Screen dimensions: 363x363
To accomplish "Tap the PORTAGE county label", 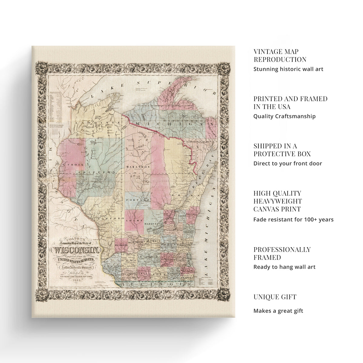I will coord(138,200).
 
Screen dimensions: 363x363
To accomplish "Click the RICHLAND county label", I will coord(121,245).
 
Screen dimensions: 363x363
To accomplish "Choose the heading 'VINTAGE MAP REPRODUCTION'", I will coord(280,56).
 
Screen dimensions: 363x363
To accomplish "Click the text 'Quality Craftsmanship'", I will coord(284,116).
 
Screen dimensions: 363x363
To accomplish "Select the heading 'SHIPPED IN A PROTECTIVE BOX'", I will coord(282,150).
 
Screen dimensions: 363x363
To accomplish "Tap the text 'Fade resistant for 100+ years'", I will coord(293,219).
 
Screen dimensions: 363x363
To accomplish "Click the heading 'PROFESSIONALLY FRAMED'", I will coord(282,253).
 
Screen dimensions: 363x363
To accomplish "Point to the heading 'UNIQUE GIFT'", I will coord(275,297).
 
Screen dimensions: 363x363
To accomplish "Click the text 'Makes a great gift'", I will coord(278,311).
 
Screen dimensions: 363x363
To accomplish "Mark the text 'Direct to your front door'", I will coord(287,163).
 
